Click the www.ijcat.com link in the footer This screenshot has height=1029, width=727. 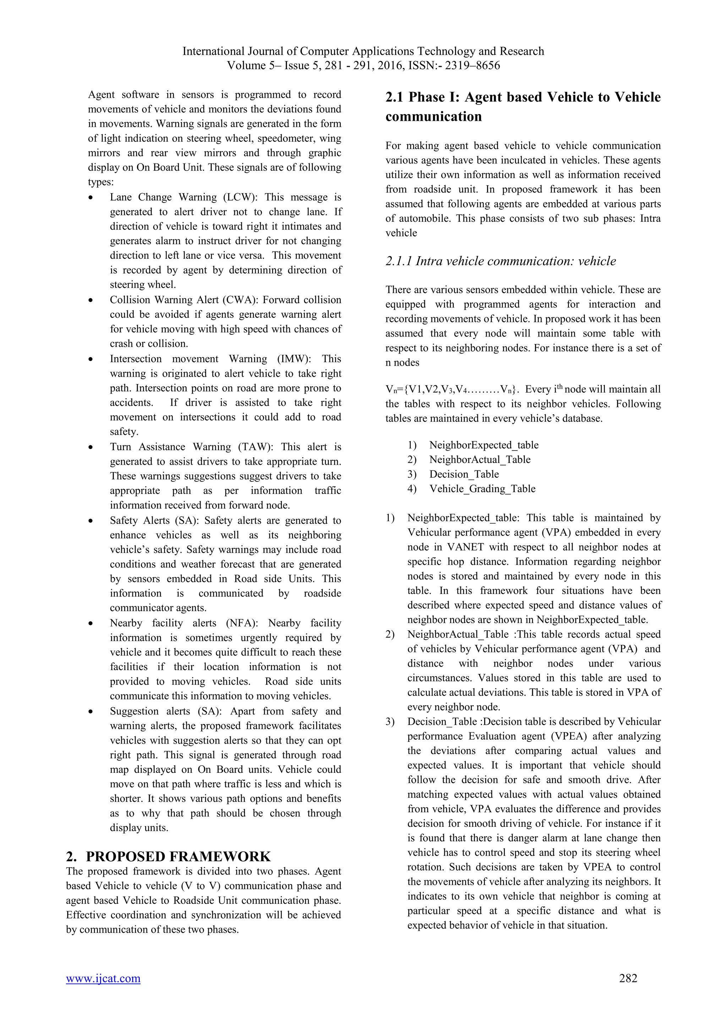(x=103, y=991)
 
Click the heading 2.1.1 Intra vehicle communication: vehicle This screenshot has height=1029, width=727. (x=501, y=261)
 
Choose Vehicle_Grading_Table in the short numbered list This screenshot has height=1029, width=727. (x=482, y=489)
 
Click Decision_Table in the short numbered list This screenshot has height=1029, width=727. (x=464, y=474)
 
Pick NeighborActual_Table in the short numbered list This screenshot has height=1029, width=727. (x=480, y=459)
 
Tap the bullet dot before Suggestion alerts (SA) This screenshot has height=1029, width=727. (x=91, y=712)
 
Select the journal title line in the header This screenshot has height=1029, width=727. (x=363, y=51)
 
